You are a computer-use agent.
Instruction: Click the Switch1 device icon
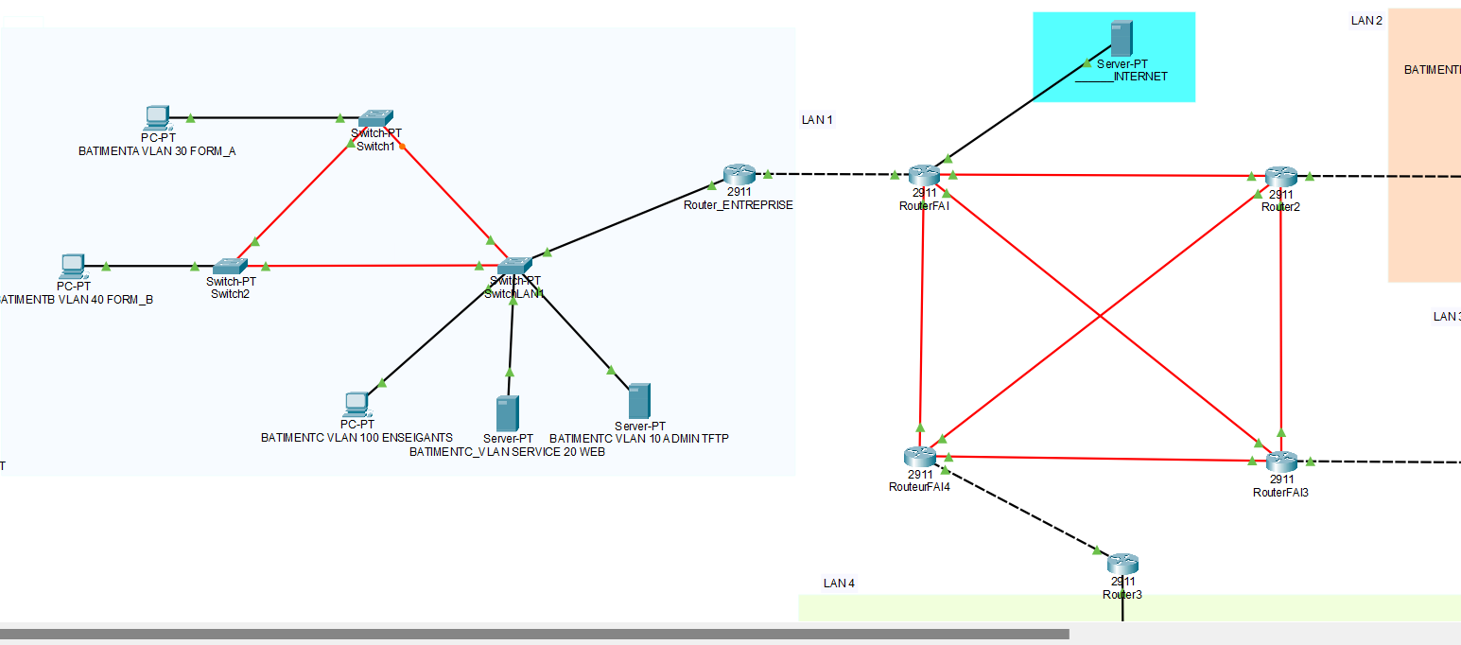point(375,118)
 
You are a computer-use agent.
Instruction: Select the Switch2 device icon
point(230,266)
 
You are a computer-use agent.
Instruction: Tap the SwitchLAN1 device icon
point(513,266)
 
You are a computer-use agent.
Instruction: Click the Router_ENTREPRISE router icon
point(739,174)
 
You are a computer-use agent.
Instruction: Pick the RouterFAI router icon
point(924,175)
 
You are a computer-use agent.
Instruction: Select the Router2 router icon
point(1280,177)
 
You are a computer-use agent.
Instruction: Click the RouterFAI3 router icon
point(1281,462)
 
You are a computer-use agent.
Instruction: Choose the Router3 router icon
point(1122,564)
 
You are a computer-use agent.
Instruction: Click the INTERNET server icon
point(1121,39)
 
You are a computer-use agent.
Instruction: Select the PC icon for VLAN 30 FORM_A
point(157,118)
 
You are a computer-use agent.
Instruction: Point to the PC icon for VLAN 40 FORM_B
point(73,266)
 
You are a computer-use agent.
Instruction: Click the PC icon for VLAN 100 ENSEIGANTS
point(357,404)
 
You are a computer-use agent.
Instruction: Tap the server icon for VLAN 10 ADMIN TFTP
point(639,401)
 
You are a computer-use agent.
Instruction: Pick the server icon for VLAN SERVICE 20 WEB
point(508,413)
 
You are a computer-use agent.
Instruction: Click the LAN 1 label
point(817,120)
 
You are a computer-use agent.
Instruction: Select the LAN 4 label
point(839,584)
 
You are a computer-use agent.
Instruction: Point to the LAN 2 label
point(1366,21)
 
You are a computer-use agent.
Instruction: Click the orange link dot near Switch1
point(403,147)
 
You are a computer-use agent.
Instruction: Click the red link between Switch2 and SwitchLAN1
point(369,266)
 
